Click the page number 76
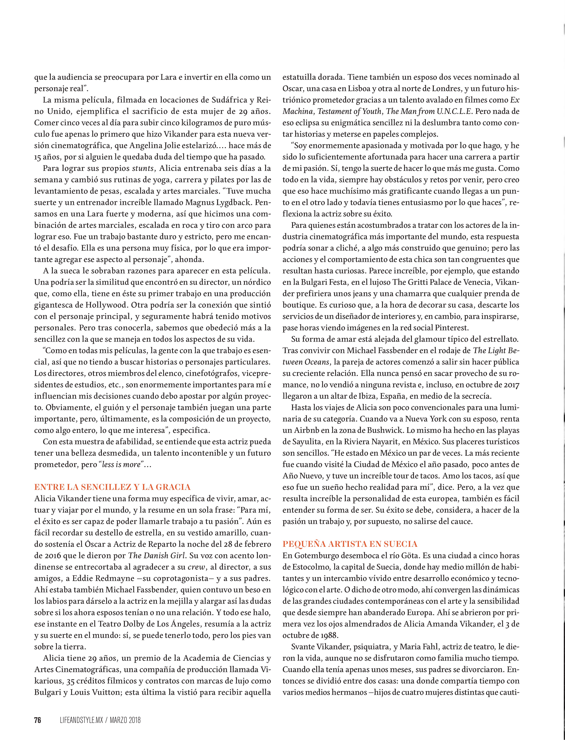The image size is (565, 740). click(38, 720)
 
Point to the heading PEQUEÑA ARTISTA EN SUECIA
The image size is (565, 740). click(350, 544)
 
